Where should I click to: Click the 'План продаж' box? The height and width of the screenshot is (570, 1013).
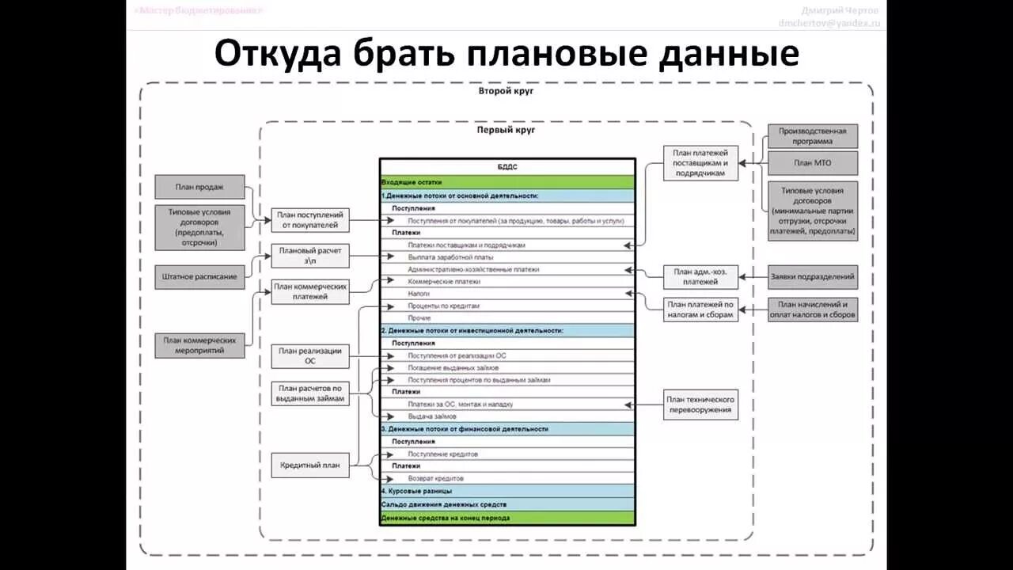point(199,188)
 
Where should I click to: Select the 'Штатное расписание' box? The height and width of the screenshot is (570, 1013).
point(199,276)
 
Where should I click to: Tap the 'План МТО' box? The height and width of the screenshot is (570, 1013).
point(812,163)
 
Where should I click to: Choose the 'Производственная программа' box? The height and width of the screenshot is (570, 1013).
point(812,136)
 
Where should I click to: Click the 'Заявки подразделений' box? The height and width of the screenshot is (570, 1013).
point(812,277)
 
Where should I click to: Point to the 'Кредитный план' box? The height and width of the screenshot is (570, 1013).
point(310,465)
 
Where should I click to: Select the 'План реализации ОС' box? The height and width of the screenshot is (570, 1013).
point(310,356)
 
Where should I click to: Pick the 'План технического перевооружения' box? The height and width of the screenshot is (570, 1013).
point(700,405)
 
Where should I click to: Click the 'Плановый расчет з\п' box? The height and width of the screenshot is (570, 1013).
point(310,256)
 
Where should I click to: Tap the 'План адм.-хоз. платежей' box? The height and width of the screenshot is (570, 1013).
point(700,277)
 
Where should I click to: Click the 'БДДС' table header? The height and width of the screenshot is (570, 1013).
point(507,167)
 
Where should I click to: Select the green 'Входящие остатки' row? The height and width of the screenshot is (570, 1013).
point(507,181)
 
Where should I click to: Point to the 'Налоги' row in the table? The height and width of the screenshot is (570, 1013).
point(507,294)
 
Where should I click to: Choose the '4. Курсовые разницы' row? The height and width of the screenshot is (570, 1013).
point(507,491)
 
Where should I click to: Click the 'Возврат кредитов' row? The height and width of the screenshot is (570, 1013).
point(507,478)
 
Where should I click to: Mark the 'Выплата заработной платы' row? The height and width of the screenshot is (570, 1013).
point(507,257)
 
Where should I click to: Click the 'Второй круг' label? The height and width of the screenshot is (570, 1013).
point(506,91)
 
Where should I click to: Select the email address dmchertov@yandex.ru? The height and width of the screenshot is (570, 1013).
point(829,23)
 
